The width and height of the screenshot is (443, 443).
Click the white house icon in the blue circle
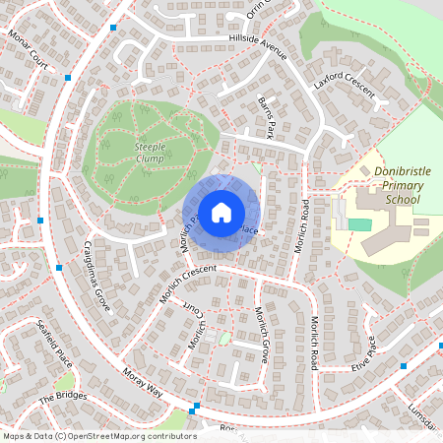[x=221, y=212]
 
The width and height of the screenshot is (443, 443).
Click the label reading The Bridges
[x=63, y=398]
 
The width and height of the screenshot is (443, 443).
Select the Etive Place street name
[x=363, y=352]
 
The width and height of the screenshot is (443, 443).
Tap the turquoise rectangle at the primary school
[x=360, y=225]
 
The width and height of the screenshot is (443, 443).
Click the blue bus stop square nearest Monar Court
[x=68, y=77]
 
